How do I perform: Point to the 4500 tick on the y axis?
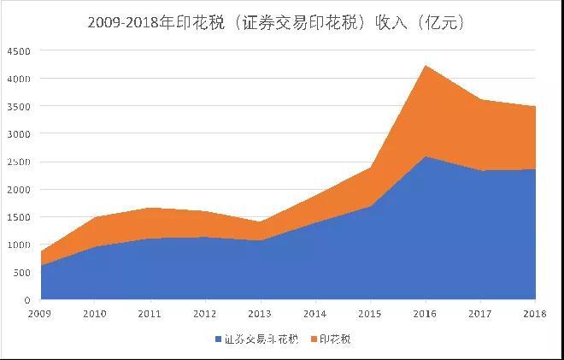coord(19,51)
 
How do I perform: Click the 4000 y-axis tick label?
coord(19,79)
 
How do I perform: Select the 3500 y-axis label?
coord(19,107)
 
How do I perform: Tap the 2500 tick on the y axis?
coord(19,162)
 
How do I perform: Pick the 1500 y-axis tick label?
coord(19,217)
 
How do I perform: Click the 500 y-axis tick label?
coord(21,273)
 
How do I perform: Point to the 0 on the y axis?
coord(27,300)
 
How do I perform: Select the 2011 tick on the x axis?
coord(150,314)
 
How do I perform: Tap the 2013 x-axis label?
coord(261,314)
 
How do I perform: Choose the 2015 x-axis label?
coord(371,314)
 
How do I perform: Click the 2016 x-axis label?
coord(426,314)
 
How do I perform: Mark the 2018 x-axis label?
coord(535,314)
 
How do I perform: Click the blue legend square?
coord(219,339)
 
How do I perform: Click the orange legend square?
coord(313,339)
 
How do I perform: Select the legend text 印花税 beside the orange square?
coord(335,339)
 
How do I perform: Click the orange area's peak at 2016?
coord(426,66)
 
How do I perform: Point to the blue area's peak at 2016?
coord(426,156)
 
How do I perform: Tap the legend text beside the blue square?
coord(261,339)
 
